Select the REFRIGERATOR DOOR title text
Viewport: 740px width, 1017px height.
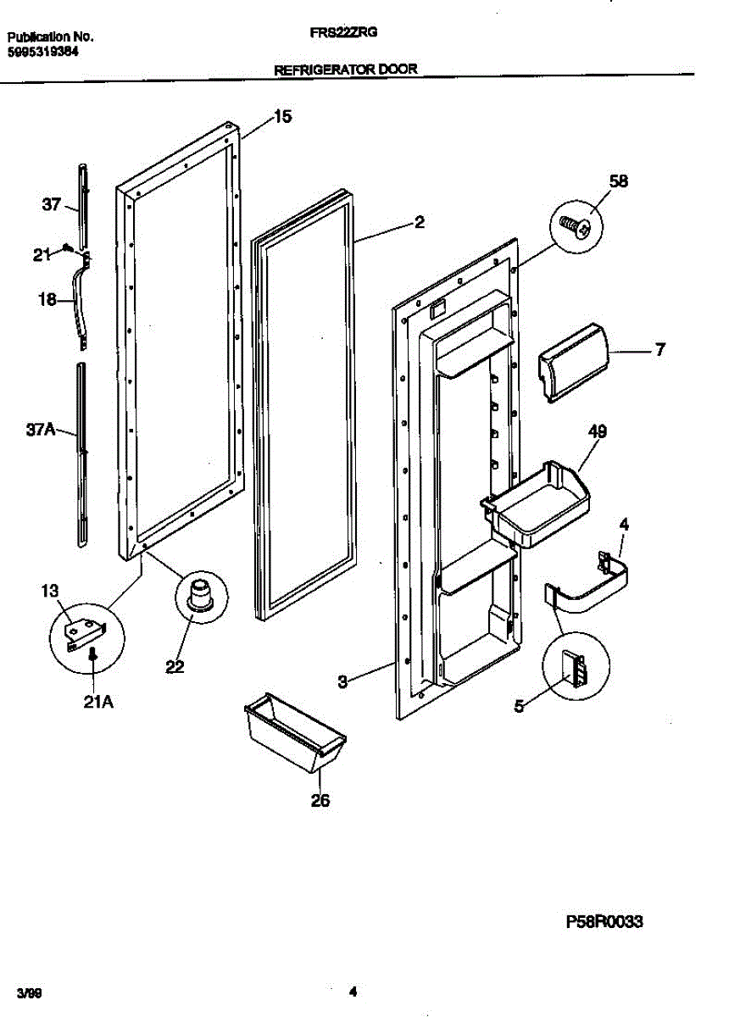point(346,70)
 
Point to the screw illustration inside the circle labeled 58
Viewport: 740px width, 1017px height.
point(576,226)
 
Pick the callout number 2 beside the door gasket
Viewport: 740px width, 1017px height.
point(419,222)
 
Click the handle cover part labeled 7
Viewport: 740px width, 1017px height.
point(572,362)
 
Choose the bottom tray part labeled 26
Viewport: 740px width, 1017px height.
point(293,733)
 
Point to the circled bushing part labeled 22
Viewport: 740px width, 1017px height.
point(200,595)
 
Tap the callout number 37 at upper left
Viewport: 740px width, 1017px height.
point(52,204)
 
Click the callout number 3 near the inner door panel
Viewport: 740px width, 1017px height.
point(342,680)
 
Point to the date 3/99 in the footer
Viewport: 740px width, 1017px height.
point(30,991)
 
